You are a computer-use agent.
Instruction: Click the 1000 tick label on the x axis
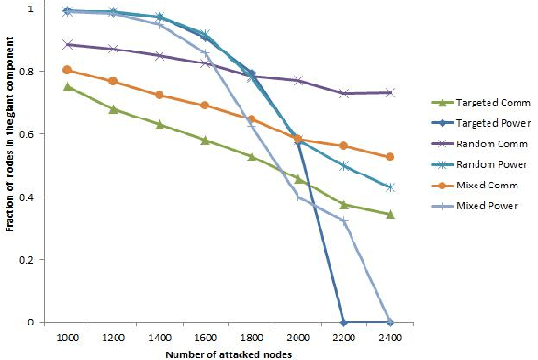point(68,337)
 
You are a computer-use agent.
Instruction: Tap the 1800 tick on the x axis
point(252,337)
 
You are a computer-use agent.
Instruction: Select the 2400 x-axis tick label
point(390,337)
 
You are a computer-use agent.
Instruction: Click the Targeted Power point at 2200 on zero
point(344,322)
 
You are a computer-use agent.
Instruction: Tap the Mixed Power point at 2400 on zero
point(390,322)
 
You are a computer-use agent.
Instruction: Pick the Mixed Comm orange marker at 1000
point(68,70)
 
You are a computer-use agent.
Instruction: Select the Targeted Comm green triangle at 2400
point(390,214)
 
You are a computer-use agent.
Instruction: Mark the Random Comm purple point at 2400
point(390,93)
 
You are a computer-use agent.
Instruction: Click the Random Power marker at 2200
point(344,165)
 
